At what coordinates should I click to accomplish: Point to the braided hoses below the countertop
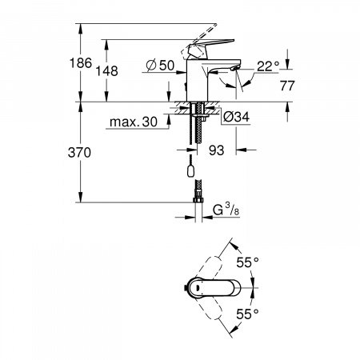(x=194, y=136)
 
